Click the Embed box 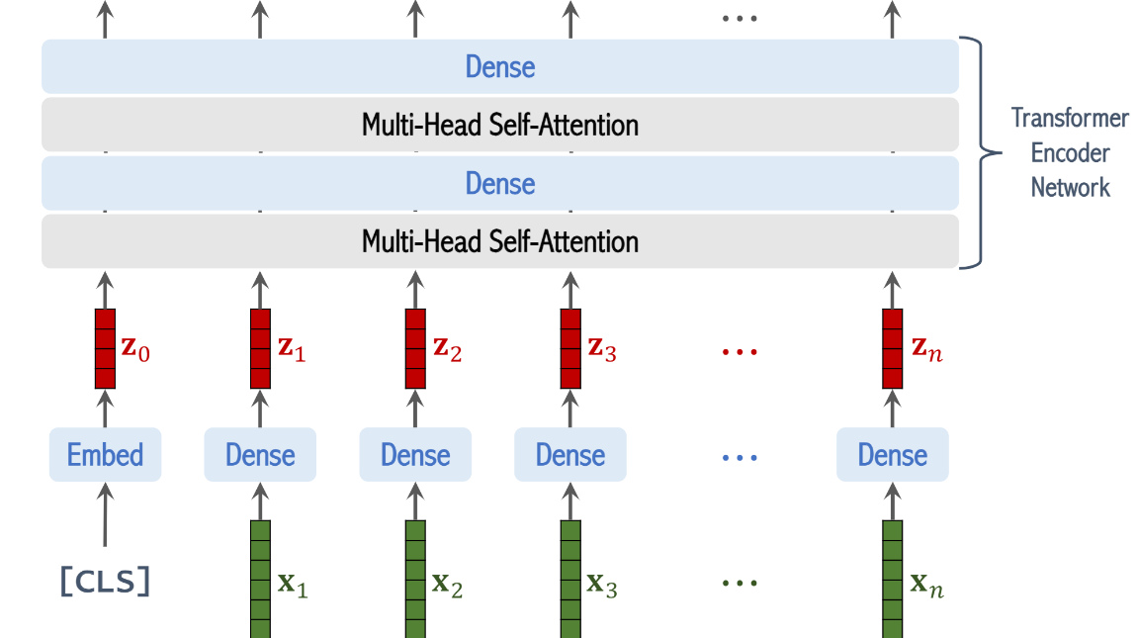(x=105, y=455)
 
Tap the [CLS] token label (x=105, y=584)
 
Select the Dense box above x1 (x=260, y=455)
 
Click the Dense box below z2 (x=415, y=455)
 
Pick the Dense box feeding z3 (x=570, y=455)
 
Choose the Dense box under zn (x=892, y=455)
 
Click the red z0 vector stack (x=105, y=348)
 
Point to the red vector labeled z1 (x=260, y=348)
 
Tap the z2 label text (x=447, y=350)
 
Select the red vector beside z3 (x=570, y=348)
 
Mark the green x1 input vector (x=260, y=578)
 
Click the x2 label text (x=447, y=586)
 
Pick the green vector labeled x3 (x=570, y=578)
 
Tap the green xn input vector (x=892, y=578)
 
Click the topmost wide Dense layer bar (x=500, y=66)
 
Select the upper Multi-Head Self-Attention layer (x=500, y=125)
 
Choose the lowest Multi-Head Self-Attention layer (x=500, y=241)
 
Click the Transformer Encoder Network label (x=1070, y=153)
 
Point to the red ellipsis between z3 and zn (x=740, y=351)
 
